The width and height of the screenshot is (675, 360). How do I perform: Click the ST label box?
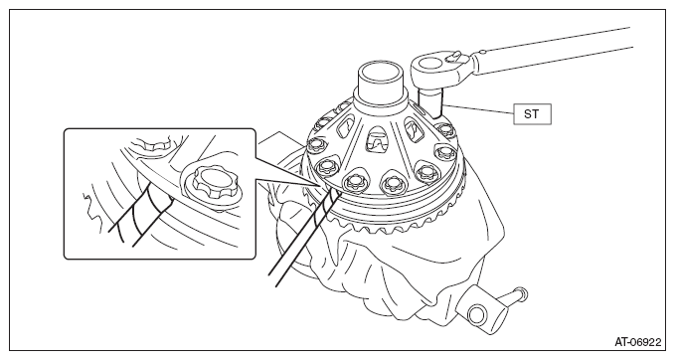(532, 114)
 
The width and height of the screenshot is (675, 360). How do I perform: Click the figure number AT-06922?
(637, 342)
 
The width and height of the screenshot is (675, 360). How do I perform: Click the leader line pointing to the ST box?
(478, 109)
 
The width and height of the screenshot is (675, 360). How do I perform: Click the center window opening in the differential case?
(377, 139)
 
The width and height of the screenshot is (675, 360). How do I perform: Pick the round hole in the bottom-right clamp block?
(477, 314)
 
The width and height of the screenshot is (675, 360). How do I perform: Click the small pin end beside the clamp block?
(520, 292)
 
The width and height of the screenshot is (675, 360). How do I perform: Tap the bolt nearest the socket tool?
(443, 128)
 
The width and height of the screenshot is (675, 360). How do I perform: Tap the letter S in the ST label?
(528, 114)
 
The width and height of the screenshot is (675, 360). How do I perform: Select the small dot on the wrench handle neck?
(482, 53)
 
